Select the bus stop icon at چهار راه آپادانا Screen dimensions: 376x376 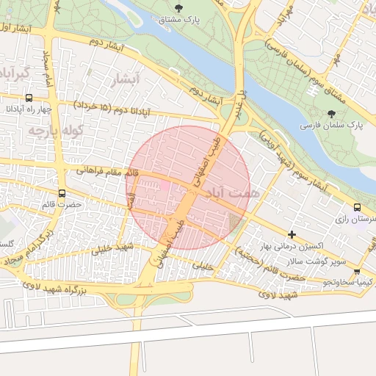29,98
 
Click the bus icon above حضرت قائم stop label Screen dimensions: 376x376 62,194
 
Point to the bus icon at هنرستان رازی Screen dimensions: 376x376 357,207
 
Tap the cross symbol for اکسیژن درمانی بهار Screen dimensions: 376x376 292,235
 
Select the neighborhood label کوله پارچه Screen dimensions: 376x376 54,130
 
